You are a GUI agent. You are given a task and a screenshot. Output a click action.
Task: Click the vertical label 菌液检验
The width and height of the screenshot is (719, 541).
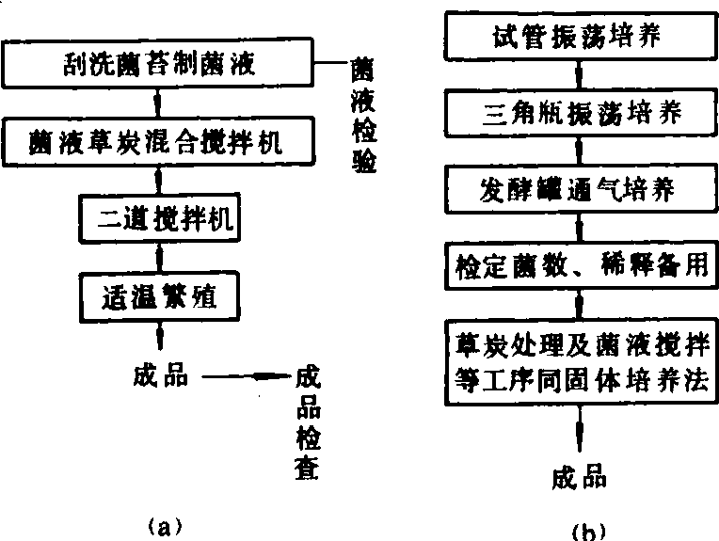[361, 117]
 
